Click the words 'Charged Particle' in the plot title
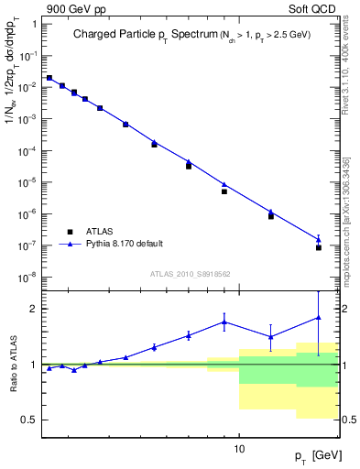(112, 35)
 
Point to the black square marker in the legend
(70, 232)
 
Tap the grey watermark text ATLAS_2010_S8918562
(189, 273)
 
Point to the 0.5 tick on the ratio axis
(29, 420)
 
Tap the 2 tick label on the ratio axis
(33, 309)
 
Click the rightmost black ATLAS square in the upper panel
(319, 247)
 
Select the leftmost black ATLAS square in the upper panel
(49, 79)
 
